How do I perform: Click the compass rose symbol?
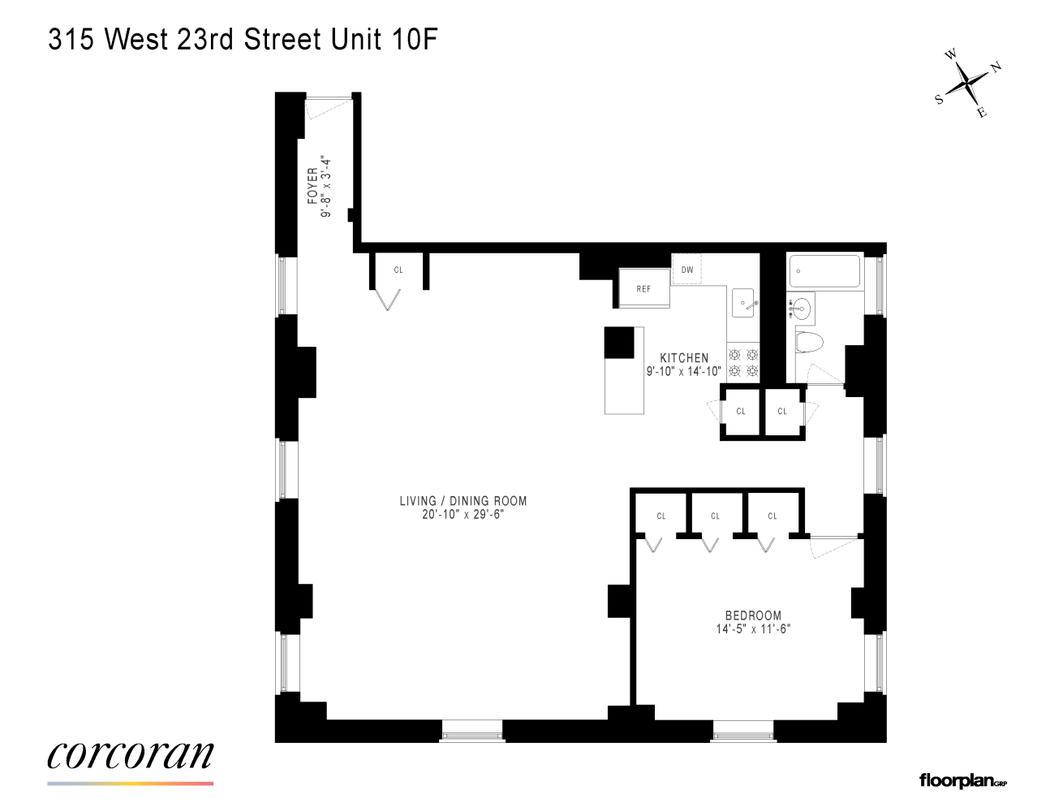point(968,84)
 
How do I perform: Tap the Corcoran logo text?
point(131,755)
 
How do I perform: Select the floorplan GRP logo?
point(963,781)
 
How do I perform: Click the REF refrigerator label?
point(643,289)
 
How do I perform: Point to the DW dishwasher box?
point(686,270)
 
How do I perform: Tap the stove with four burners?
point(743,362)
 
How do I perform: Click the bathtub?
point(824,272)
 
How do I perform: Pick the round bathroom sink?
point(801,308)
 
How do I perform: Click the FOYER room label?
point(312,186)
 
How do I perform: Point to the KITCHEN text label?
point(684,357)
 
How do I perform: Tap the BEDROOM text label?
point(753,615)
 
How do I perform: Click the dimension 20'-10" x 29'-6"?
point(463,514)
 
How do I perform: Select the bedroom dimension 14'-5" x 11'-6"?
point(753,628)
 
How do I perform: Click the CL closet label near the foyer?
point(398,270)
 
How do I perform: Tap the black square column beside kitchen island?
point(620,343)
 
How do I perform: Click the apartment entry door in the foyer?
point(329,106)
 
